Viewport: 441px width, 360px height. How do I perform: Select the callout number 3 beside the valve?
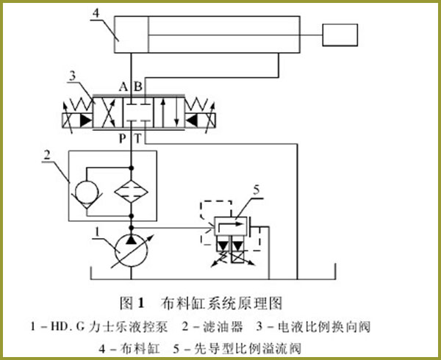click(72, 73)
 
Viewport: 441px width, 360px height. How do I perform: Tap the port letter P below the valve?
click(123, 138)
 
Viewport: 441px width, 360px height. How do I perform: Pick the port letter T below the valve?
click(137, 138)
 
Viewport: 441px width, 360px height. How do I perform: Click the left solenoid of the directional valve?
click(75, 120)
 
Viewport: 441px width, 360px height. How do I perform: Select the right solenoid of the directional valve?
click(193, 120)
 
